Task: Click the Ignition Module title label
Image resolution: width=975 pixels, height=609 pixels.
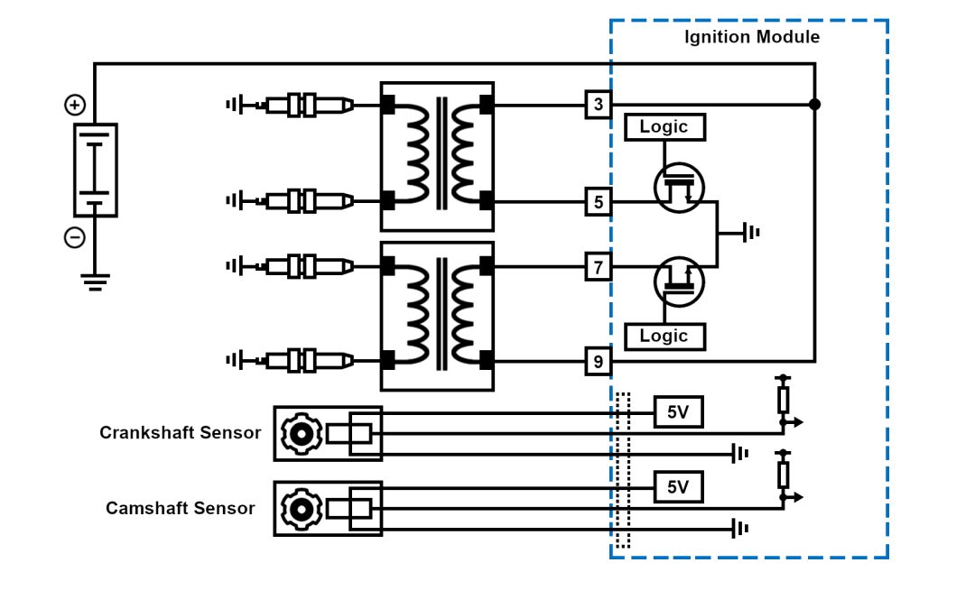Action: [751, 37]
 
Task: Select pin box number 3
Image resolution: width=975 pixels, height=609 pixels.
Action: [598, 105]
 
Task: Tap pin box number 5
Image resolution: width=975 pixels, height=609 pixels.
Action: [598, 202]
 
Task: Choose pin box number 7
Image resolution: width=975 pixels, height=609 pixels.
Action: [598, 267]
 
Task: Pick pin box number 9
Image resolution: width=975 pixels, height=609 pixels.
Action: [598, 363]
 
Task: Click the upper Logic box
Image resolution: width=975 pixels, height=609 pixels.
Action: [664, 127]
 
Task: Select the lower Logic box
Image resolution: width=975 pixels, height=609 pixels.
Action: [664, 337]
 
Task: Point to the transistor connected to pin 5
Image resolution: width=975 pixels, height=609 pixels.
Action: [679, 188]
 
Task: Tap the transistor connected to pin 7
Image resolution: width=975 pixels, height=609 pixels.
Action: [679, 281]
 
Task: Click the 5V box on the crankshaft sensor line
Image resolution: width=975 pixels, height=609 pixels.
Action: [678, 412]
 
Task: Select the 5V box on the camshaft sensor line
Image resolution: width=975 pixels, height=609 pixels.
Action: [678, 487]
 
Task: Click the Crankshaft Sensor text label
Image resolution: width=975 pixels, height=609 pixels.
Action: [180, 433]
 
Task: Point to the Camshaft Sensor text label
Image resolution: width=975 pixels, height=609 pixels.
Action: [180, 508]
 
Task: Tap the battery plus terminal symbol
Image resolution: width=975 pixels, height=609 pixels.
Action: [75, 106]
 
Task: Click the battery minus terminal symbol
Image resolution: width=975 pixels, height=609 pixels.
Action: [75, 238]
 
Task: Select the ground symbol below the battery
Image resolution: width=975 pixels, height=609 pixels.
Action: [95, 281]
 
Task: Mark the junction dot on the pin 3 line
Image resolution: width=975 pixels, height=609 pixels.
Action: [814, 105]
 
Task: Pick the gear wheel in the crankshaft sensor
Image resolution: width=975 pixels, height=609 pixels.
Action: [301, 434]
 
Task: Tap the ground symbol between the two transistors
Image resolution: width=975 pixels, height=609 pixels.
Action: [749, 233]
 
